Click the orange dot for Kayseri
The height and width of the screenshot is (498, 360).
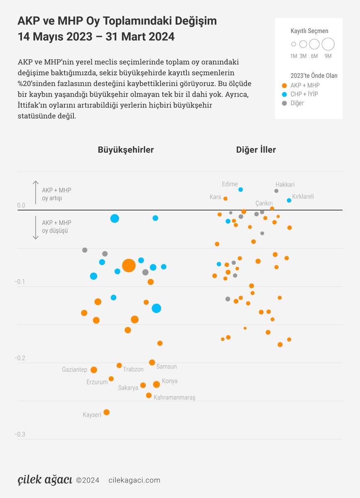(106, 412)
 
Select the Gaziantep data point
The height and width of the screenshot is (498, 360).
(94, 370)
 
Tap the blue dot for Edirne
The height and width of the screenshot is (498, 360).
(240, 190)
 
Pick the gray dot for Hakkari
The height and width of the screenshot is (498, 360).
(276, 191)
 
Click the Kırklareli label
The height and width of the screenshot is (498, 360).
(303, 196)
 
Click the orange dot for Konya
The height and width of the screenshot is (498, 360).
(156, 384)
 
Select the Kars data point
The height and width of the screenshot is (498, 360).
(225, 198)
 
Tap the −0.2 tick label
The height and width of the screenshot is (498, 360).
(20, 358)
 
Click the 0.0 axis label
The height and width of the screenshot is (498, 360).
(21, 205)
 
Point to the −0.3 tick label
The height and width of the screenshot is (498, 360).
(20, 435)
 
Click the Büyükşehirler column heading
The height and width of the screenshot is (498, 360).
(126, 150)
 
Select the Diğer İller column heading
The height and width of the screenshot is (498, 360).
(256, 150)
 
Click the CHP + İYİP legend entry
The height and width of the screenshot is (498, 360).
(304, 94)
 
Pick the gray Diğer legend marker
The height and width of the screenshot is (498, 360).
(284, 103)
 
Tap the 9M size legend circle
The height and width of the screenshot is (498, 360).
(328, 44)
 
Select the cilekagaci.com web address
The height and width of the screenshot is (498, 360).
(134, 480)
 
